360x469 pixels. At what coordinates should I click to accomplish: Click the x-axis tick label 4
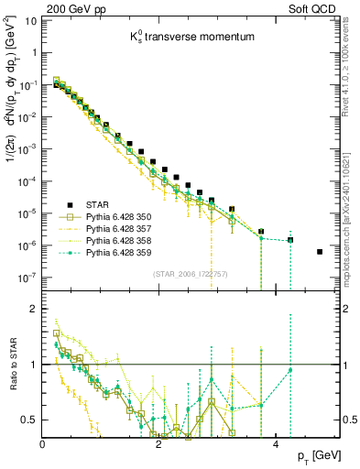point(276,444)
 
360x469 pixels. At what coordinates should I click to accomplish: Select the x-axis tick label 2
point(159,444)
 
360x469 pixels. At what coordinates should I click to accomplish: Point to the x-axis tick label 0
point(43,444)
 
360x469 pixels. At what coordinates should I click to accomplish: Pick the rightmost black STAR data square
point(320,252)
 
